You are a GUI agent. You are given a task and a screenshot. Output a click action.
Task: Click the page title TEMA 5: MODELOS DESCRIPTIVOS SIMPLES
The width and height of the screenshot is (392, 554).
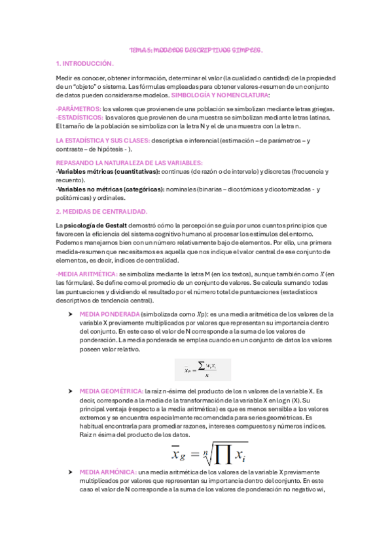click(x=196, y=49)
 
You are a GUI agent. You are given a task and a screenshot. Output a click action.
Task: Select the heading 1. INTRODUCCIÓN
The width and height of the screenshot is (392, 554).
click(x=85, y=64)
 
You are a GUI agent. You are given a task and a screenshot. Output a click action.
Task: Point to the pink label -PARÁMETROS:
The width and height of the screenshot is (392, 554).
click(x=79, y=108)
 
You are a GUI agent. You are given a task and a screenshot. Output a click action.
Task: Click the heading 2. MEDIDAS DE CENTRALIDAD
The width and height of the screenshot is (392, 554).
click(x=101, y=212)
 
